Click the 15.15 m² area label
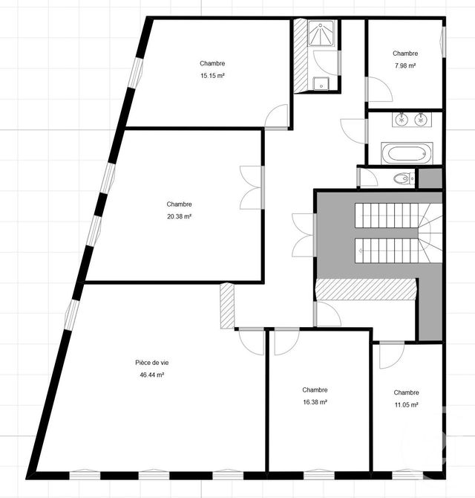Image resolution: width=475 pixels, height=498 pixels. coord(212,76)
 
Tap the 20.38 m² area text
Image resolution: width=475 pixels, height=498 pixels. coord(179,216)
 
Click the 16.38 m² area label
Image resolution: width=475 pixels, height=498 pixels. coord(315,402)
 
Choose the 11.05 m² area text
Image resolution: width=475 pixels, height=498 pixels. coord(406,405)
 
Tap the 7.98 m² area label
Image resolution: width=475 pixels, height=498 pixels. coord(405,66)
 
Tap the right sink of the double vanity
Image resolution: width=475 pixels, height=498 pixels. coord(422,119)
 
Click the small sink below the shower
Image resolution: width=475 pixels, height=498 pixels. coord(320,83)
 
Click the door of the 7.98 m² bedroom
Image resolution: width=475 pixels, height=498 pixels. coord(381,90)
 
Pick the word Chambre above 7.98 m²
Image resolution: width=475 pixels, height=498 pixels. coord(405,54)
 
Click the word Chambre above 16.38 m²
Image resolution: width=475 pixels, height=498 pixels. coord(315,389)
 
